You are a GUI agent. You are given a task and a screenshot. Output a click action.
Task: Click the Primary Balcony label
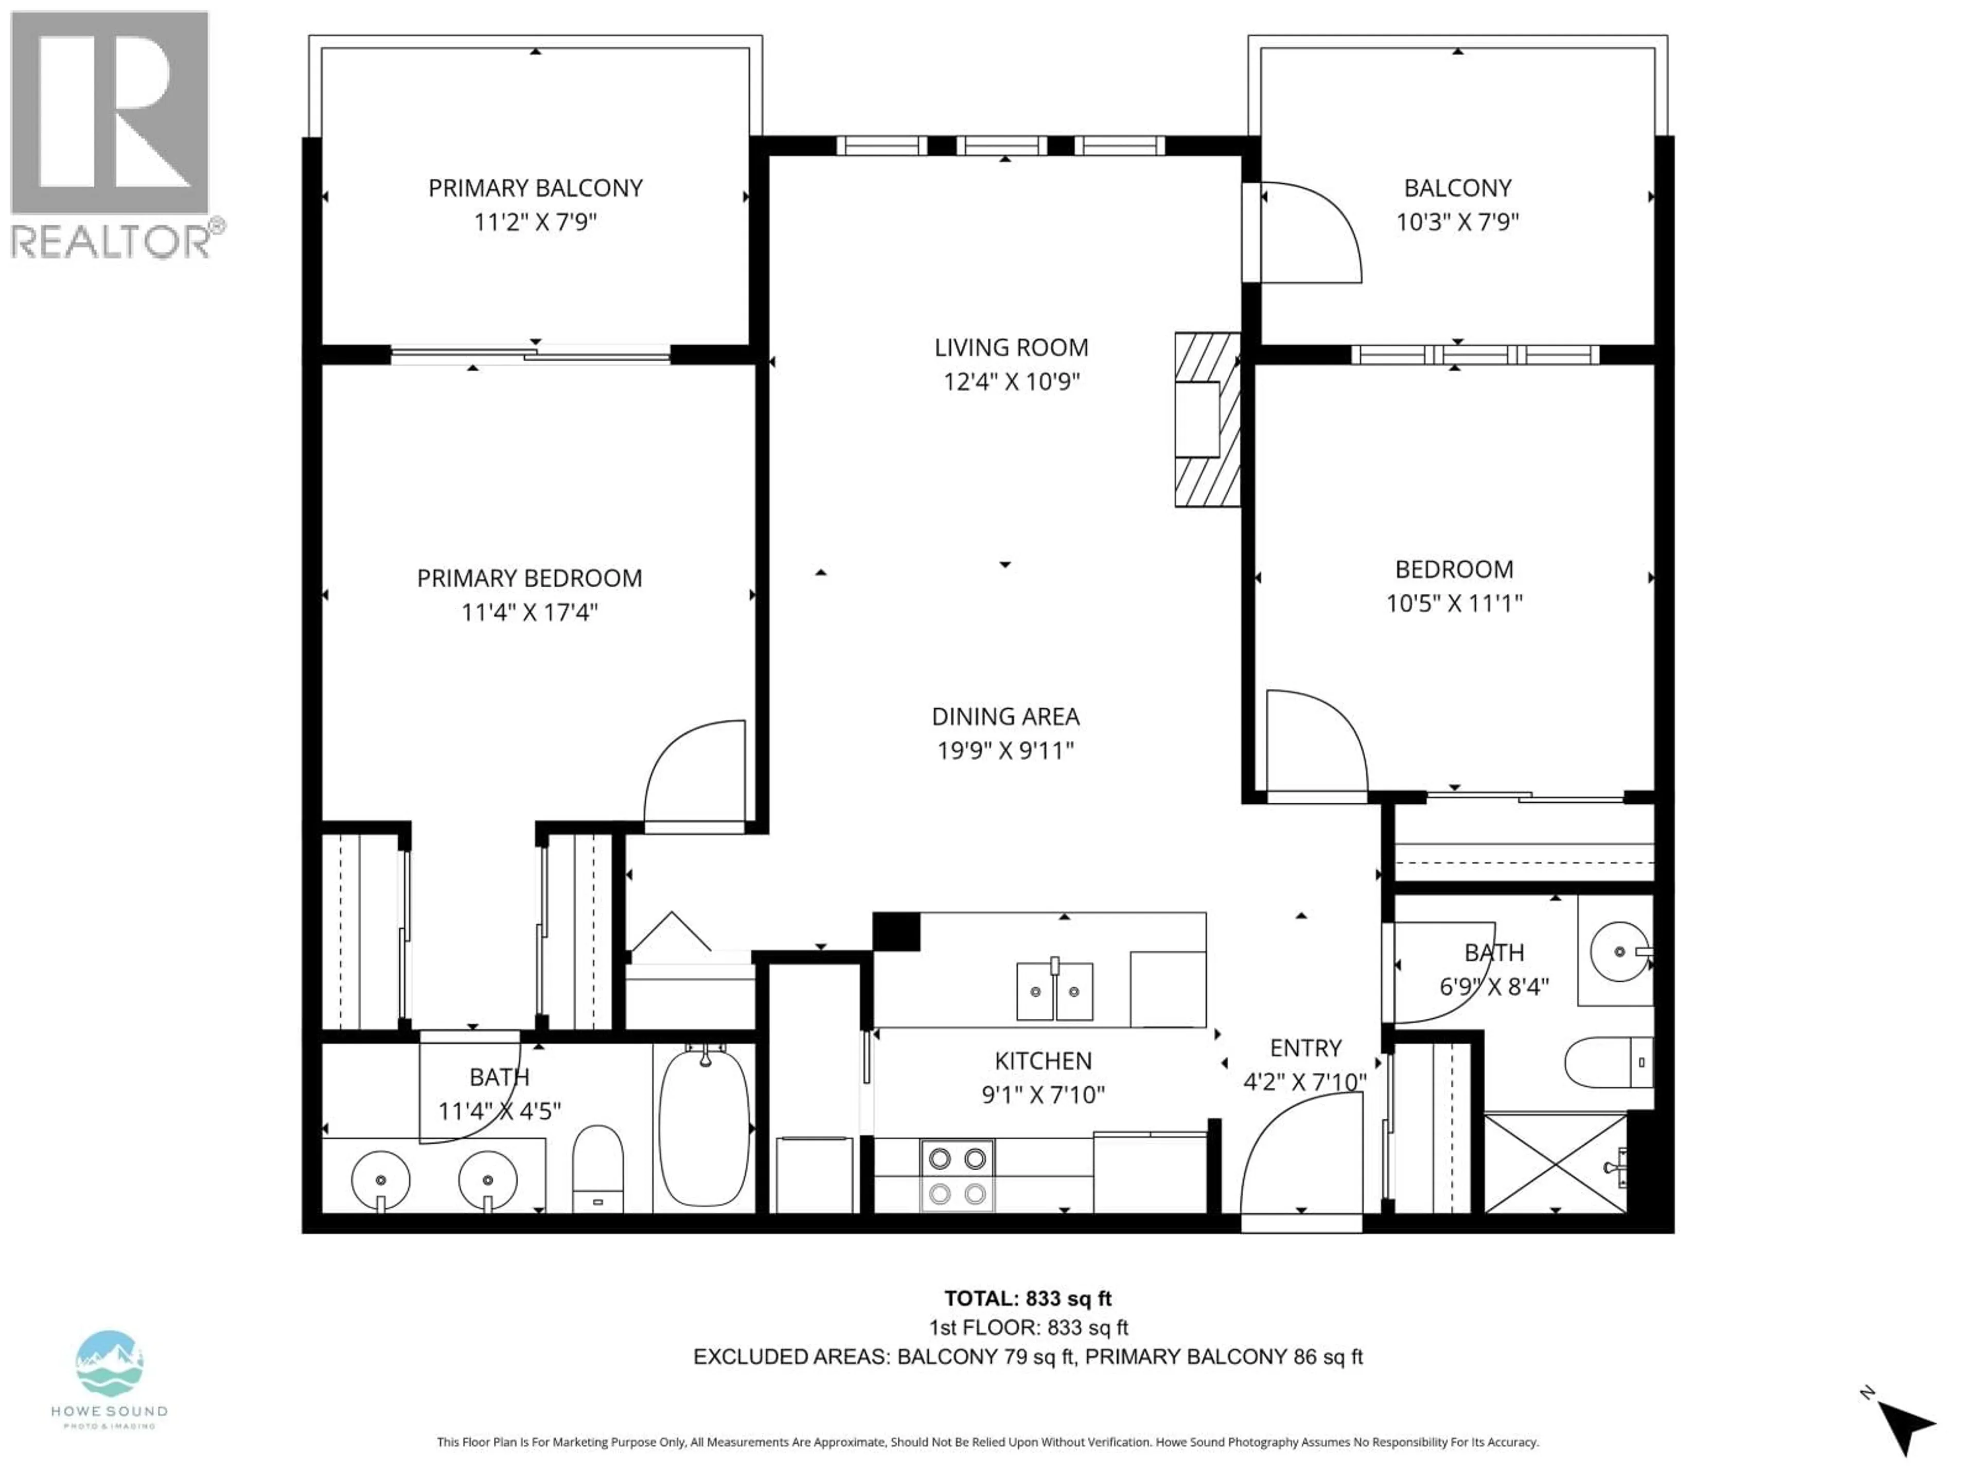[x=535, y=188]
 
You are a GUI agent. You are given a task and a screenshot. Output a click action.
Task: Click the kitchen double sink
[x=1054, y=991]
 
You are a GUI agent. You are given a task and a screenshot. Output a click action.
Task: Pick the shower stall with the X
[x=1555, y=1162]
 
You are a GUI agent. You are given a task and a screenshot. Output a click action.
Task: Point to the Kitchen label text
[x=1043, y=1061]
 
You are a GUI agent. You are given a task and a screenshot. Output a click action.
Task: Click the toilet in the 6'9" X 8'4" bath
[x=1608, y=1062]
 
